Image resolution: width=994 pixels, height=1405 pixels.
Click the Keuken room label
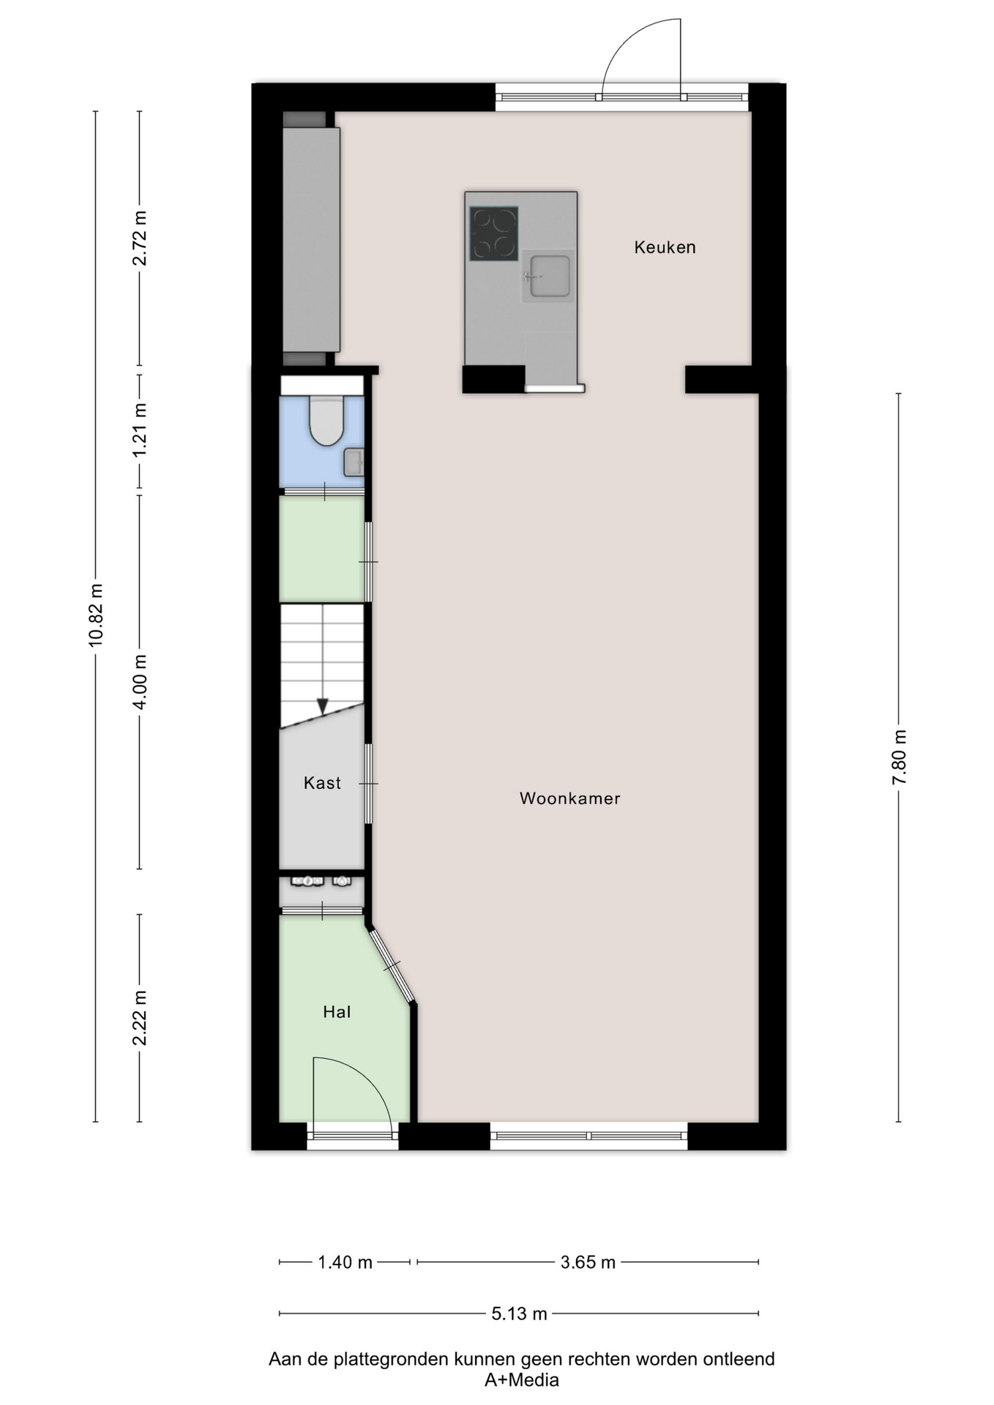click(665, 247)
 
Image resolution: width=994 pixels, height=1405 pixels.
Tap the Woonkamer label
click(569, 798)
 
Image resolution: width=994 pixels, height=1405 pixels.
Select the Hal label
click(337, 1012)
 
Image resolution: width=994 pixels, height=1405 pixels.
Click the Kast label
click(322, 783)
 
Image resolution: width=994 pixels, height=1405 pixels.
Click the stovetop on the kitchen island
click(494, 233)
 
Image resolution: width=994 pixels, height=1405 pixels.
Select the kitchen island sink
click(550, 276)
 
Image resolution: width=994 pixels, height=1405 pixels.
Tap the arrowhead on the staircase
click(322, 706)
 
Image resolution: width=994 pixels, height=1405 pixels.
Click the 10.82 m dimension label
click(96, 615)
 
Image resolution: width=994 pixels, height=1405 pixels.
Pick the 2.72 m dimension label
click(140, 238)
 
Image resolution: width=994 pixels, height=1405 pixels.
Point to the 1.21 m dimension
click(140, 430)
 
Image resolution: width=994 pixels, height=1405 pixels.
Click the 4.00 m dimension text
click(140, 681)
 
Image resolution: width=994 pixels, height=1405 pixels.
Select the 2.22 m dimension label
click(140, 1018)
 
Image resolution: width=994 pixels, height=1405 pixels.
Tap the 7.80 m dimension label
click(900, 757)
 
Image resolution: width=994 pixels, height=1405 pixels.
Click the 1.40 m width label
click(345, 1262)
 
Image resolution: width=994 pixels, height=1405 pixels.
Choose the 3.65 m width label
click(588, 1262)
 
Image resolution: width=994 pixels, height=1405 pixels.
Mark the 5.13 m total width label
click(519, 1314)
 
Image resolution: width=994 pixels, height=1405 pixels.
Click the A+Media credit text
click(521, 1380)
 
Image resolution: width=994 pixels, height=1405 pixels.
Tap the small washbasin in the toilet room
click(354, 462)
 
